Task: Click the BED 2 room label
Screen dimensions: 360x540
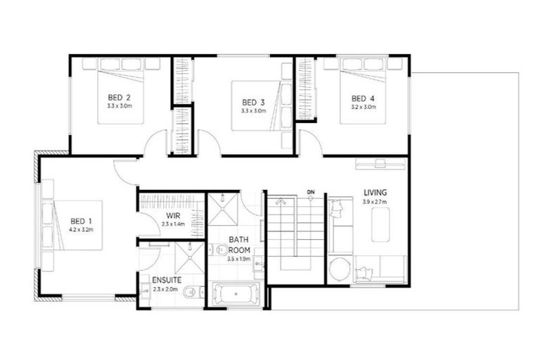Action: pyautogui.click(x=120, y=97)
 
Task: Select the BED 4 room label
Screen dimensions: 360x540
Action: pyautogui.click(x=363, y=98)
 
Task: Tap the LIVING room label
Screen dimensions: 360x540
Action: pyautogui.click(x=375, y=192)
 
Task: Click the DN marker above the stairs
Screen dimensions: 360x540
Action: pyautogui.click(x=310, y=191)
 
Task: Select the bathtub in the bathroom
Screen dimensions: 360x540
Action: pyautogui.click(x=236, y=293)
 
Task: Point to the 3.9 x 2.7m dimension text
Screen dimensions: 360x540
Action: pyautogui.click(x=375, y=202)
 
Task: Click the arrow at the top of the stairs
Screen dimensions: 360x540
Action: pyautogui.click(x=281, y=201)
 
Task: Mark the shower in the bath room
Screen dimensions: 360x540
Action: pyautogui.click(x=224, y=209)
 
